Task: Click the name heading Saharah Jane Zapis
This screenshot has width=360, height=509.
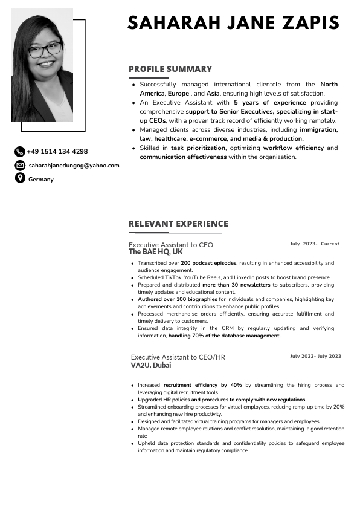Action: (x=233, y=23)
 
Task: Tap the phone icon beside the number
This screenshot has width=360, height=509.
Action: (x=19, y=152)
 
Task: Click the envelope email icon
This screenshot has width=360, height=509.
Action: (x=19, y=165)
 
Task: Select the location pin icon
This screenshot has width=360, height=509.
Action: (x=19, y=178)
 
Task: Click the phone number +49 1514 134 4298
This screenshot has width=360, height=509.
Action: (x=57, y=152)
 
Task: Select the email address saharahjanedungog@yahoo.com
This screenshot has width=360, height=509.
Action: (x=74, y=165)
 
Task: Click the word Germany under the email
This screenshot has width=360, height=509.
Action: (x=41, y=180)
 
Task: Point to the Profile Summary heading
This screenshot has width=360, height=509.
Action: (x=170, y=69)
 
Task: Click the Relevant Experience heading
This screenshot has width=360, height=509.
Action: (x=178, y=224)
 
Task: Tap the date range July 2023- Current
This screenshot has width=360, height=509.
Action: (x=315, y=244)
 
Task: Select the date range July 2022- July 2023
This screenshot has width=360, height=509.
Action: (x=315, y=356)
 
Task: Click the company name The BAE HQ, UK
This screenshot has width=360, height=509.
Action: (x=155, y=252)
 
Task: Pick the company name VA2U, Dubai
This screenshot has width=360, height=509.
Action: (x=151, y=365)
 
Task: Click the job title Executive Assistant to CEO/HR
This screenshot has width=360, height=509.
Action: (x=178, y=357)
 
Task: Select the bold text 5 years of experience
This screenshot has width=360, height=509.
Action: (x=269, y=103)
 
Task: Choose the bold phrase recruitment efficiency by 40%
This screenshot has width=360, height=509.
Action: (x=202, y=385)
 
